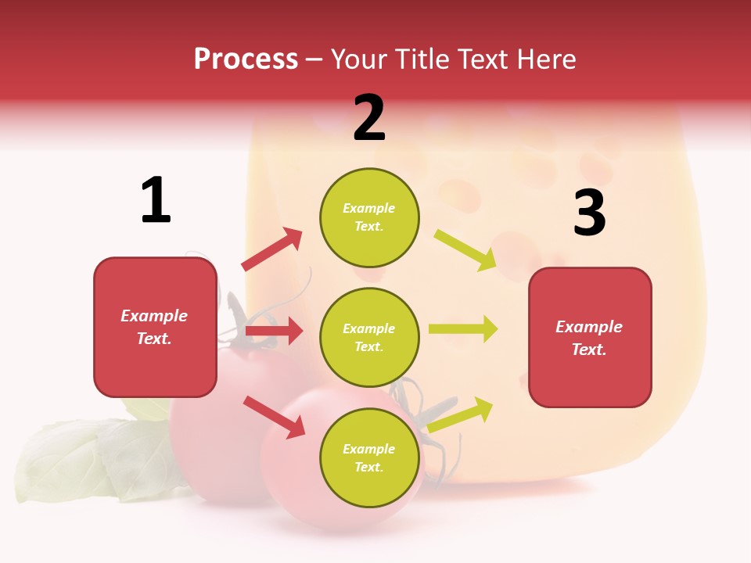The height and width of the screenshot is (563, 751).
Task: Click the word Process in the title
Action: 246,59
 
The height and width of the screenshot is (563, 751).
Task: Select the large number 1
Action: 156,201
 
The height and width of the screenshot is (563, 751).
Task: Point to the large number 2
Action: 369,118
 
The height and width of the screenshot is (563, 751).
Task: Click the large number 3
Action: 589,213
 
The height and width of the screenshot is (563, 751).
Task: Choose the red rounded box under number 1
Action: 155,327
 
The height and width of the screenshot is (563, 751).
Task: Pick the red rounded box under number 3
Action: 590,337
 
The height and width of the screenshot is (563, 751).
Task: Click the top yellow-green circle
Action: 369,217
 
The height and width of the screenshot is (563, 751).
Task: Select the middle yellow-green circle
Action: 369,337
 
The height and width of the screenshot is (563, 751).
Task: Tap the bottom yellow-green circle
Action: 369,457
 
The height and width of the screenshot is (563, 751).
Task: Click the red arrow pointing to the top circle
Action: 271,249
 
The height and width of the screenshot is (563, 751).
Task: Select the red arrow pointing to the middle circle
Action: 274,331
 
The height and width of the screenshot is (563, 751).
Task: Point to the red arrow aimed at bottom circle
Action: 274,416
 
